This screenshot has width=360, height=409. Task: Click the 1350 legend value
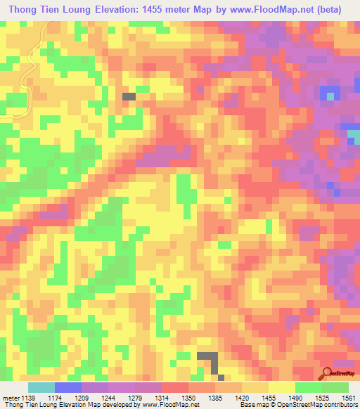[188, 398]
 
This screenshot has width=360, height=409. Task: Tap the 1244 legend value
[108, 398]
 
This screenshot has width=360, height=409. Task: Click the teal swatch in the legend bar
[41, 387]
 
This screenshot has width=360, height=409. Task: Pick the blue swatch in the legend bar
[68, 387]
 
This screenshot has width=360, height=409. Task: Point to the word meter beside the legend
[9, 398]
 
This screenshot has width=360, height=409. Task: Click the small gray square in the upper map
[129, 96]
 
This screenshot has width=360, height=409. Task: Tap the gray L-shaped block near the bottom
[209, 359]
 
